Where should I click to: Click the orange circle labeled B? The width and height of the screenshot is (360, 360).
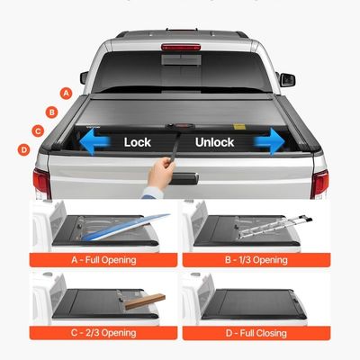tap(52, 111)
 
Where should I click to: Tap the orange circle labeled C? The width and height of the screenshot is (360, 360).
tap(38, 130)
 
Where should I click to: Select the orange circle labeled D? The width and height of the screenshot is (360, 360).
tap(23, 149)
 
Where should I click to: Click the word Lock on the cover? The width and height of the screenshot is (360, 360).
tap(138, 142)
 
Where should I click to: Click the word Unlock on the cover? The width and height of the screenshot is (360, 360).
tap(214, 142)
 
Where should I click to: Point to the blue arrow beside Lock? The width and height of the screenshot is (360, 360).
tap(95, 142)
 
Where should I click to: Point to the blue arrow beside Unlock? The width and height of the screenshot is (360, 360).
tap(267, 141)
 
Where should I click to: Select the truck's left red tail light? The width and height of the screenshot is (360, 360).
tap(40, 183)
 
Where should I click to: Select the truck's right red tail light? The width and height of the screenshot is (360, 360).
tap(319, 183)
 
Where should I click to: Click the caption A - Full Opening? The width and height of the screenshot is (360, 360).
tap(105, 260)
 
